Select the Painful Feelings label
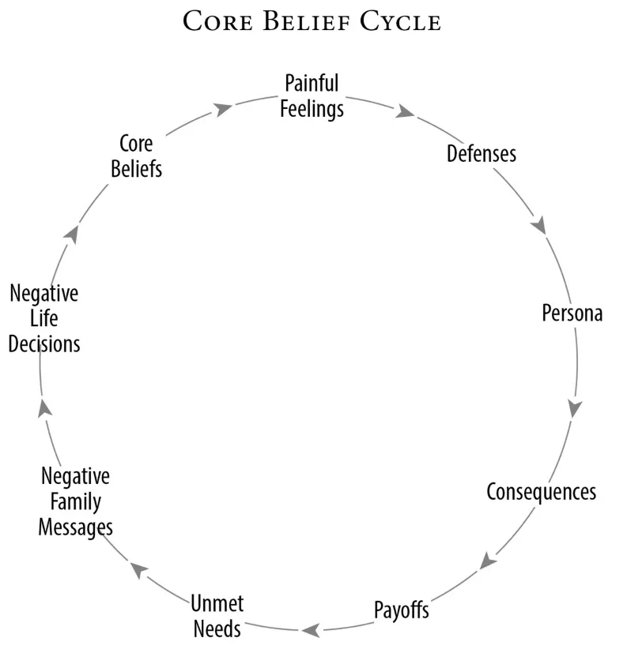tap(312, 96)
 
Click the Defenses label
tap(481, 152)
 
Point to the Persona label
tap(572, 313)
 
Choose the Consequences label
tap(541, 491)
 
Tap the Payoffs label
tap(401, 610)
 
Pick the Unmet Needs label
tap(217, 617)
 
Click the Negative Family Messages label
tap(75, 502)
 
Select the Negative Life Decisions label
tap(45, 319)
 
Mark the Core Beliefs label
tap(136, 156)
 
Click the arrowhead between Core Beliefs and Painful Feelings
tap(224, 107)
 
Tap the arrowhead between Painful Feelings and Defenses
tap(405, 112)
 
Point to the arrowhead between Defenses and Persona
tap(539, 225)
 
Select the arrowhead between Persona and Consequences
tap(575, 409)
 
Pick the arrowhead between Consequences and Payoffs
tap(488, 561)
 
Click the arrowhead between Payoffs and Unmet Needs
tap(311, 629)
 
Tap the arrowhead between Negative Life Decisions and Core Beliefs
tap(73, 234)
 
